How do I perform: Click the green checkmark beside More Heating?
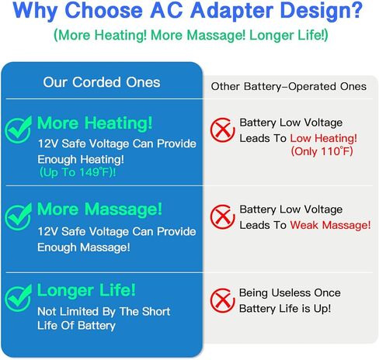(x=18, y=130)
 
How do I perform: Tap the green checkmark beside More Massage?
(x=18, y=216)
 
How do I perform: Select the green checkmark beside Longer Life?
(x=18, y=298)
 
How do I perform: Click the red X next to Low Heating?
(x=222, y=130)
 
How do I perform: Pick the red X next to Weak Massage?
(x=222, y=216)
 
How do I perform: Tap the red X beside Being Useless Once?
(x=221, y=300)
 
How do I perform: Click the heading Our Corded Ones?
(x=102, y=82)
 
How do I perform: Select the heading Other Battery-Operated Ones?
(x=289, y=86)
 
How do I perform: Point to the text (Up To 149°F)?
(x=78, y=172)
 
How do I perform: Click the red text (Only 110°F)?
(x=322, y=151)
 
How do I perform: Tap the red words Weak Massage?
(x=330, y=225)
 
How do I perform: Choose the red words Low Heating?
(x=323, y=138)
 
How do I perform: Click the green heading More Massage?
(x=99, y=209)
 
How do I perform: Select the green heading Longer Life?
(x=86, y=290)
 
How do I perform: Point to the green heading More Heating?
(x=95, y=123)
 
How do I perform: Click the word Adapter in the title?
(x=231, y=11)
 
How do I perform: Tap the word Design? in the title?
(x=322, y=11)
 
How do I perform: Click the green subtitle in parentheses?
(x=191, y=35)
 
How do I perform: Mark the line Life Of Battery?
(x=76, y=325)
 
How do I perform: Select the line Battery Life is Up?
(x=285, y=309)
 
